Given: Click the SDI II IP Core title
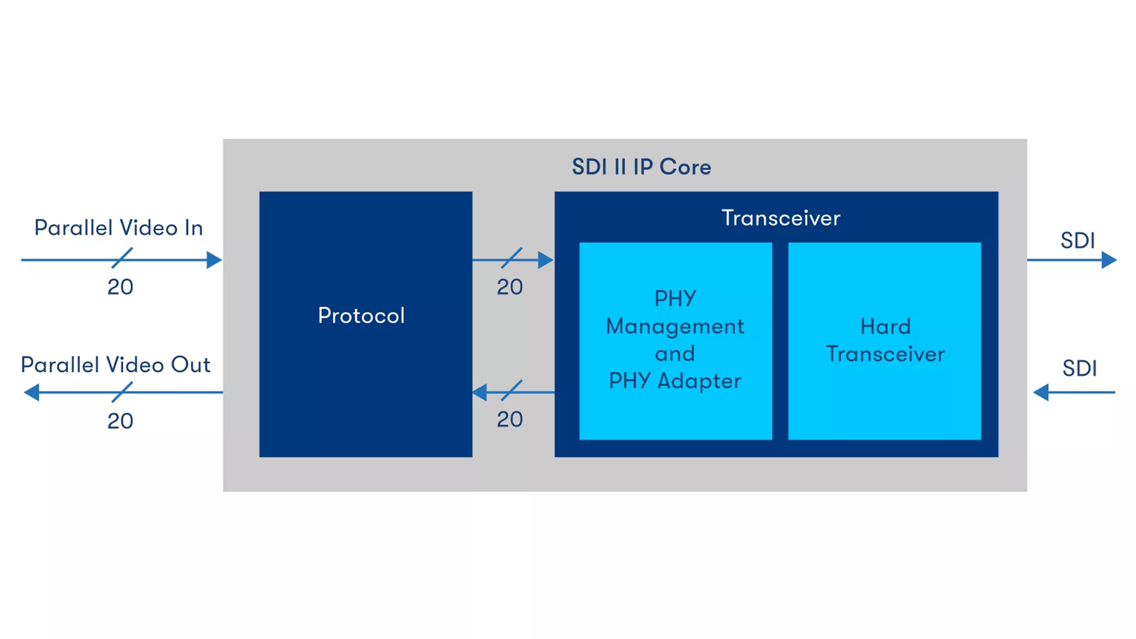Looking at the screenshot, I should click(641, 167).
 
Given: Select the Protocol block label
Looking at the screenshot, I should click(361, 316).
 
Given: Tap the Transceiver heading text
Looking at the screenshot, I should click(780, 218).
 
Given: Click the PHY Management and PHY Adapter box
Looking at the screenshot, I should click(675, 340).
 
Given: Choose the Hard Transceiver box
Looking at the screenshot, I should click(885, 340).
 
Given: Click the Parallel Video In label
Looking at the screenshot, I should click(118, 228).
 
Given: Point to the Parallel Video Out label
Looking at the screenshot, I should click(115, 365).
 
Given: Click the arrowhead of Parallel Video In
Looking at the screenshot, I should click(214, 260).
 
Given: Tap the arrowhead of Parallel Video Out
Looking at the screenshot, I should click(32, 392).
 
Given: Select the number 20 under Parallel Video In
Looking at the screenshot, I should click(120, 287).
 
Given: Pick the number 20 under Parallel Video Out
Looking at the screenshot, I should click(120, 421).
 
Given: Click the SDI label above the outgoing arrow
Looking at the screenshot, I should click(1078, 240).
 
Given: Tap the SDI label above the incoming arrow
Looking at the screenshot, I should click(1079, 368).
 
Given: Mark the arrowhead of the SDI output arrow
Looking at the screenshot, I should click(1108, 260).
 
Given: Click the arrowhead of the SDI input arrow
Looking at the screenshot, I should click(1041, 392).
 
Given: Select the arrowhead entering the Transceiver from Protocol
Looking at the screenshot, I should click(546, 260).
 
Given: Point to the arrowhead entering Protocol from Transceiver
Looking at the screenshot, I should click(480, 392).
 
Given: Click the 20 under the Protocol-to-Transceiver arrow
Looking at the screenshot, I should click(510, 287).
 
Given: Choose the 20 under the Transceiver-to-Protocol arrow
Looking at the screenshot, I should click(510, 419).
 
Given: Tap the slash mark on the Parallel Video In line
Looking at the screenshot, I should click(122, 258).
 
